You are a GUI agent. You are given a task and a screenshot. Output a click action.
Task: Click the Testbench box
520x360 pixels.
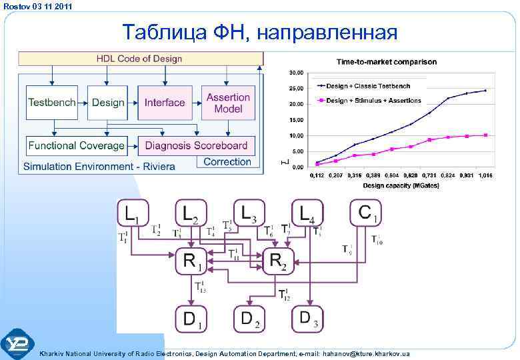(51, 103)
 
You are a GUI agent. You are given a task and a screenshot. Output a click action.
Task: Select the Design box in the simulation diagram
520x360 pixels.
(108, 103)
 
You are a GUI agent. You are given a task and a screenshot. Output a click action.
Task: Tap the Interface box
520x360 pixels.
(164, 103)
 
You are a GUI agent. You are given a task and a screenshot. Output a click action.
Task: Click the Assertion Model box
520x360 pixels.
(227, 103)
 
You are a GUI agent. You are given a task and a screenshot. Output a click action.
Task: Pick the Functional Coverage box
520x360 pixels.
(76, 145)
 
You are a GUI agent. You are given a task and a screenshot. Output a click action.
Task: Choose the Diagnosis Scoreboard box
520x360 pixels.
(196, 145)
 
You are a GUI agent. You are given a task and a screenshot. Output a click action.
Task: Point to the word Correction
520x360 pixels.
(227, 162)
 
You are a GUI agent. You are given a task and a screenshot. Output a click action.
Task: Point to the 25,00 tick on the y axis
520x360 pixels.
(295, 88)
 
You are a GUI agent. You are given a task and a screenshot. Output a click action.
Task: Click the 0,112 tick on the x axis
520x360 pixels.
(317, 176)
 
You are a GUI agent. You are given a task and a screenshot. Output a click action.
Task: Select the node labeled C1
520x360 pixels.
(366, 213)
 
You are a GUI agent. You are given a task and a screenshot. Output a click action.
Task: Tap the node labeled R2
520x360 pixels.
(278, 261)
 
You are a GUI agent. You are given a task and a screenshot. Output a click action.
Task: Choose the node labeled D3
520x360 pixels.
(307, 319)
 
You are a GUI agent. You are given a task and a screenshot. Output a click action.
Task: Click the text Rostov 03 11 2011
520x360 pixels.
(37, 6)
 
